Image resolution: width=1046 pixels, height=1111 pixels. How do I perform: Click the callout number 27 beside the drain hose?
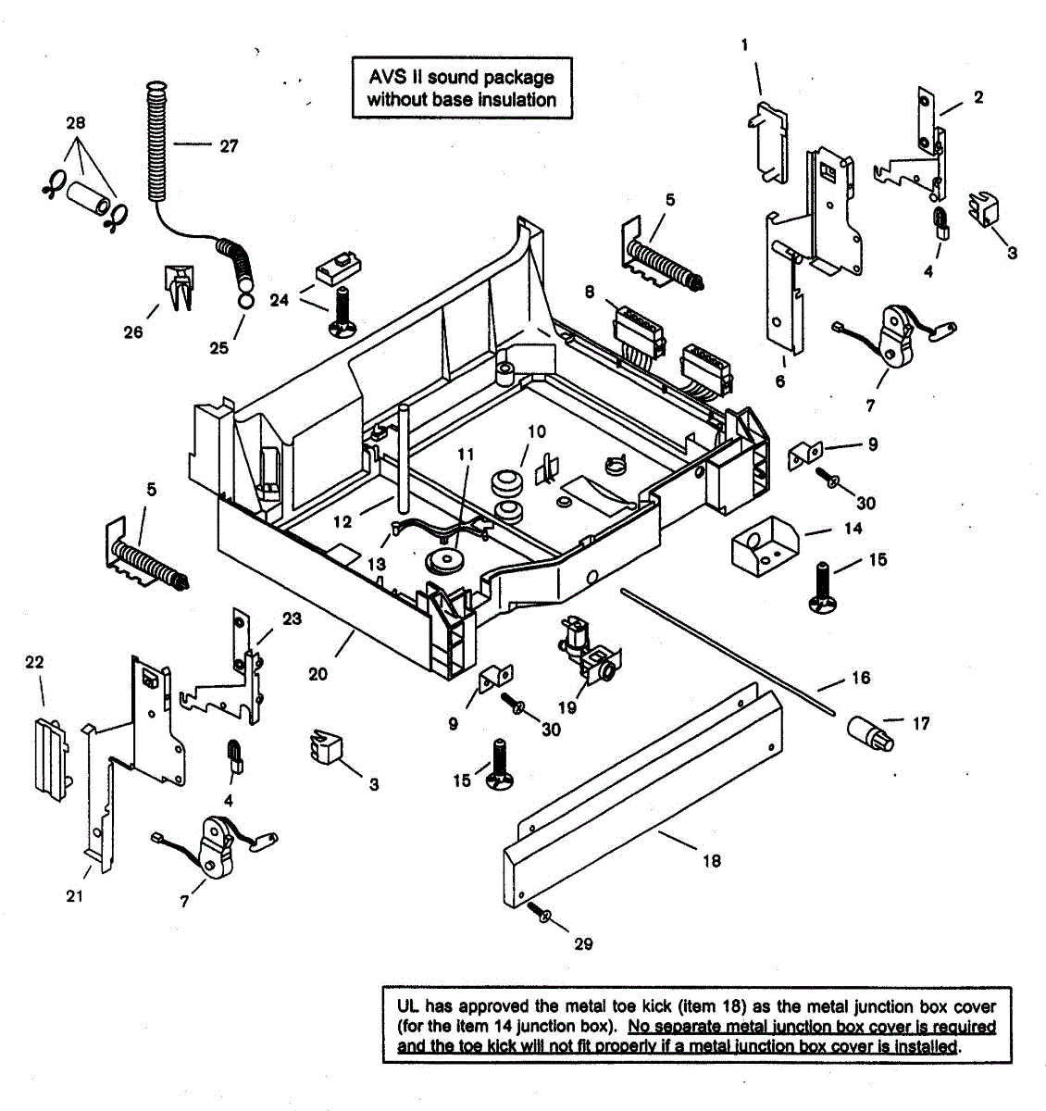coord(229,145)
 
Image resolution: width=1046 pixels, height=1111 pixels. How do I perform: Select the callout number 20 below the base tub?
coord(318,674)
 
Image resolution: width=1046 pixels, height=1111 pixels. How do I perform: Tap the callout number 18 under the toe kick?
coord(711,860)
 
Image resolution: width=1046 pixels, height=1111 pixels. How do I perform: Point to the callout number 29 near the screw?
coord(583,943)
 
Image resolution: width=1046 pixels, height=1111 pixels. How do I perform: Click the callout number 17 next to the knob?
coord(920,723)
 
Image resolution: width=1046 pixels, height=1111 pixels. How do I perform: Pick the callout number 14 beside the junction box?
coord(853,528)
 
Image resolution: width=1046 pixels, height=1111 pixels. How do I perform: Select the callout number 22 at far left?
coord(34,662)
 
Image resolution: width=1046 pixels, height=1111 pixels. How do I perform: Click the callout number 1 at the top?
coord(745,44)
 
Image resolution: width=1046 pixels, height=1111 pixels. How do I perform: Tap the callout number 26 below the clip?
coord(133,331)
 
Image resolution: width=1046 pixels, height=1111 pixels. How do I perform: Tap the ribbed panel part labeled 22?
coord(51,755)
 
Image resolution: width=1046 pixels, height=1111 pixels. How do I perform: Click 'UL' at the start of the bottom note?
coord(408,1005)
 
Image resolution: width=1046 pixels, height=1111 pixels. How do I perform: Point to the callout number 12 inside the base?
coord(342,521)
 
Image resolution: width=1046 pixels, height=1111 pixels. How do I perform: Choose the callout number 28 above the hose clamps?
coord(76,122)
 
